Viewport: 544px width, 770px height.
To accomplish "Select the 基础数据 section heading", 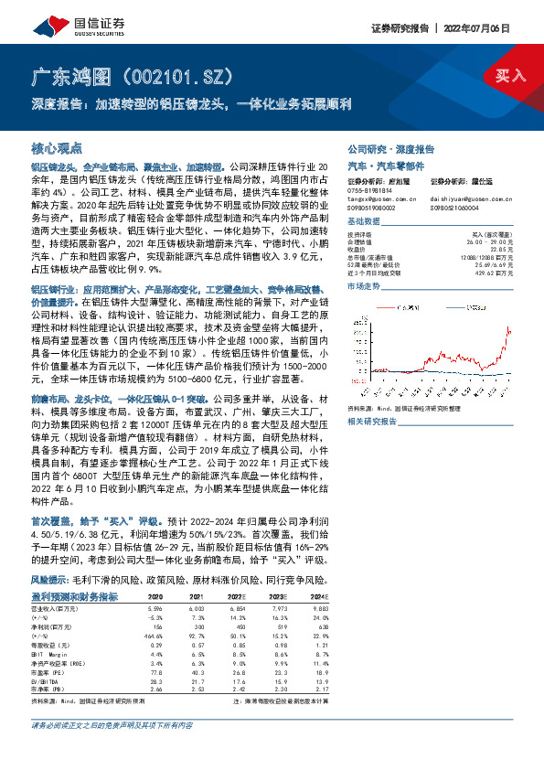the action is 365,223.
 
